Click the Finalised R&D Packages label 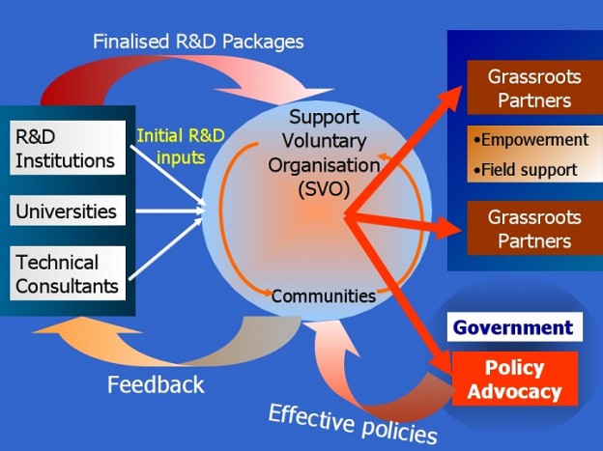tap(198, 42)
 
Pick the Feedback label tap(156, 384)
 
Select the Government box tap(513, 326)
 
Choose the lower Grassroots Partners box tap(529, 228)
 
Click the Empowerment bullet tap(531, 140)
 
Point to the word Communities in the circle tap(323, 296)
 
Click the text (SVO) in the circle tap(323, 188)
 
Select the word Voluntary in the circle tap(323, 141)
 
